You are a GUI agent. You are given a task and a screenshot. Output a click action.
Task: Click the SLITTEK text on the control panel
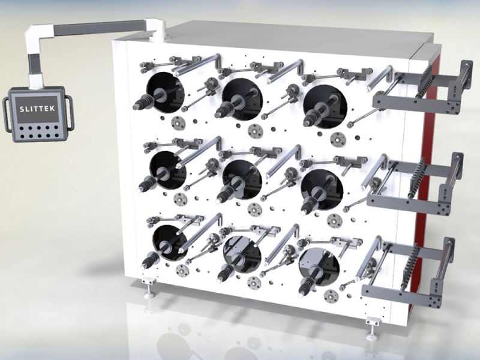[x=37, y=109]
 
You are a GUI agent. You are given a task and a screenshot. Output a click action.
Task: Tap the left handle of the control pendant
[x=6, y=115]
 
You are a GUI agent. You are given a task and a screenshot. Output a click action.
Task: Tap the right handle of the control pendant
[x=70, y=112]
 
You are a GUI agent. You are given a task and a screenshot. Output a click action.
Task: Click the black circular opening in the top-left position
[x=166, y=92]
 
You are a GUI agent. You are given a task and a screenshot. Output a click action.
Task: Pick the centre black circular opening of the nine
[x=242, y=179]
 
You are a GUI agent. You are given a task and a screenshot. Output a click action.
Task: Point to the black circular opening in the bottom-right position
[x=319, y=267]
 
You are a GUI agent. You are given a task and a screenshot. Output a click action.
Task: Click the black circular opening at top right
[x=325, y=106]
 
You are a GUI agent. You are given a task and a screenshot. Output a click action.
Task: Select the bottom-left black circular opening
[x=170, y=243]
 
